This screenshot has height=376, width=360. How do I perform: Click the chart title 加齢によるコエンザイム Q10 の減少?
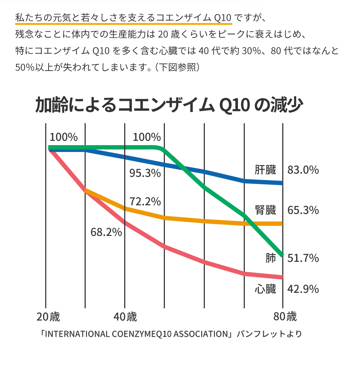point(169,106)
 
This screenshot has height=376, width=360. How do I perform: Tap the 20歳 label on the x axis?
point(48,317)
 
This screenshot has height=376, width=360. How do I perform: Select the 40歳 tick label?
point(125,317)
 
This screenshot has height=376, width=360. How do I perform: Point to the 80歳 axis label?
point(285,317)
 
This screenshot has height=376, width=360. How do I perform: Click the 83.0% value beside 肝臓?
point(303,170)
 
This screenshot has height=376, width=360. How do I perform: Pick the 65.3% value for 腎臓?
point(303,210)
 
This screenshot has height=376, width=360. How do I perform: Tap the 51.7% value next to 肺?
point(303,258)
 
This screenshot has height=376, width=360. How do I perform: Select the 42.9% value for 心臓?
point(303,289)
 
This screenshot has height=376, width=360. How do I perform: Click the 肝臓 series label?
point(265,170)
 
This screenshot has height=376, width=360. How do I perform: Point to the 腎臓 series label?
point(265,210)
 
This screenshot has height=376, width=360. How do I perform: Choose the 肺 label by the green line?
point(270,258)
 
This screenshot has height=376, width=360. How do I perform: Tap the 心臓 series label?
point(265,289)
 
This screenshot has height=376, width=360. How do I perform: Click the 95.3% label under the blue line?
point(145,173)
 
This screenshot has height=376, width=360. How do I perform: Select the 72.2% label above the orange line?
point(145,202)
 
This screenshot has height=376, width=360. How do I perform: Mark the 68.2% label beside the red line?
point(106,232)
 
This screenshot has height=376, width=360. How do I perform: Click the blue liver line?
point(223,175)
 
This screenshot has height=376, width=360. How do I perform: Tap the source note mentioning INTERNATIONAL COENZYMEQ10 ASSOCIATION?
point(171,334)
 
